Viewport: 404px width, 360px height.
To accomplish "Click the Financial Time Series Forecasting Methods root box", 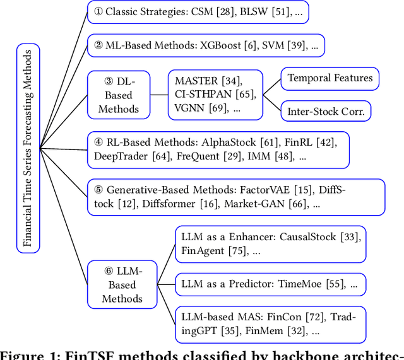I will (x=27, y=148).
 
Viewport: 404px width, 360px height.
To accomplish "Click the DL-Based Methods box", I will (x=118, y=95).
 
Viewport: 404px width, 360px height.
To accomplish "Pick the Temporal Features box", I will (x=330, y=79).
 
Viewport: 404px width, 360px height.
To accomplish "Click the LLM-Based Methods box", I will (x=122, y=284).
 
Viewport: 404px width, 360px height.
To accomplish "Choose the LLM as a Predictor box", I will (x=270, y=284).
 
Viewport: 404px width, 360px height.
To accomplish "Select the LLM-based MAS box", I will (x=270, y=324).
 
